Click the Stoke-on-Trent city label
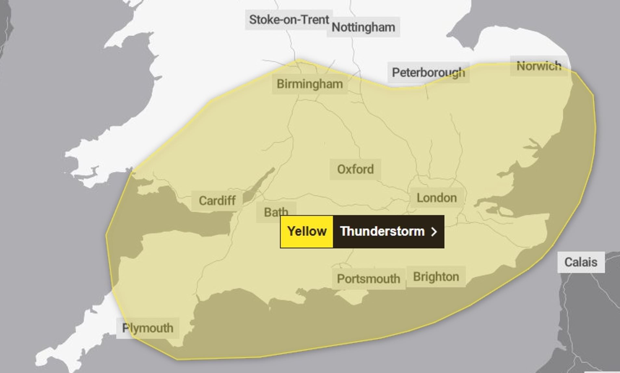point(289,20)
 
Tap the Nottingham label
point(363,27)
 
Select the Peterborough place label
point(428,73)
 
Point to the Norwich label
point(539,66)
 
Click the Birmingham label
point(309,84)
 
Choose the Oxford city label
point(355,169)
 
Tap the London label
point(436,198)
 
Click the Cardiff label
point(217,200)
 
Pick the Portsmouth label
point(368,279)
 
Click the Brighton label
point(436,277)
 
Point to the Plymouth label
point(148,328)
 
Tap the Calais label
point(581,262)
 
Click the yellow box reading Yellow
point(307,231)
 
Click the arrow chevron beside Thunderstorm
point(434,231)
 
